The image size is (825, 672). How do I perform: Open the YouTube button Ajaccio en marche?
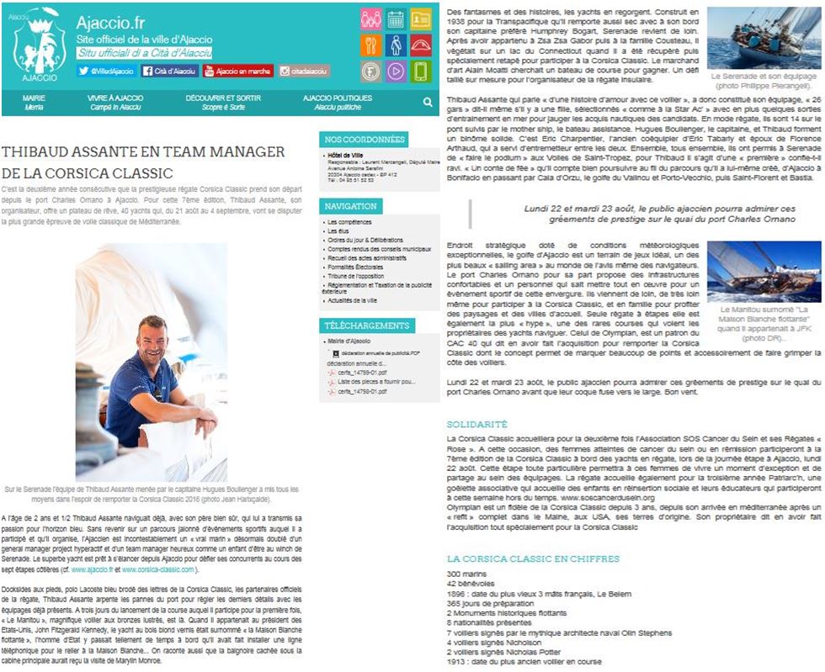click(x=238, y=71)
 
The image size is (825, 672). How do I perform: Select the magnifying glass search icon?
click(x=428, y=102)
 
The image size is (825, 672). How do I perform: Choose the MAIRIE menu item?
click(x=35, y=102)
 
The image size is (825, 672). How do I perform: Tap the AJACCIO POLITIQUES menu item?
click(x=337, y=102)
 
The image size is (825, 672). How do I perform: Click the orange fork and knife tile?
click(x=370, y=45)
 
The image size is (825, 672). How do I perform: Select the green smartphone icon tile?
click(x=421, y=71)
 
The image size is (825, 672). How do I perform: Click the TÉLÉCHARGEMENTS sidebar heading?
click(x=366, y=325)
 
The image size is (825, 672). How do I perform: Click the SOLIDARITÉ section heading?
click(x=477, y=424)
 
